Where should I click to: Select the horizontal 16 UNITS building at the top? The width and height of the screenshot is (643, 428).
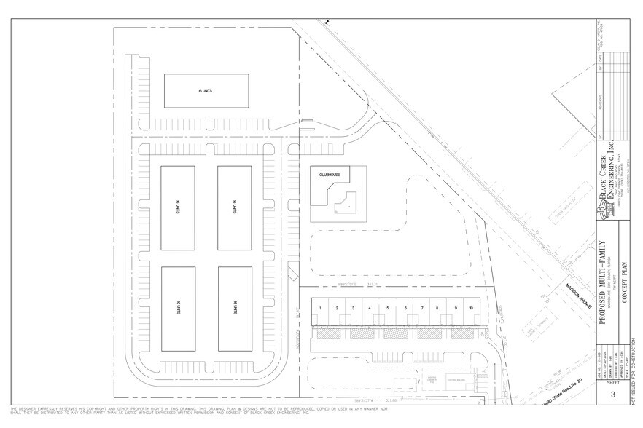(x=205, y=92)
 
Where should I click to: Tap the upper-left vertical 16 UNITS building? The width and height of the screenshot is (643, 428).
(x=177, y=207)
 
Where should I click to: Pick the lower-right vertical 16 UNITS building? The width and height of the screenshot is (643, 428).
(x=235, y=308)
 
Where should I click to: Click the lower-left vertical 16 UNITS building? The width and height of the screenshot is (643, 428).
(x=177, y=308)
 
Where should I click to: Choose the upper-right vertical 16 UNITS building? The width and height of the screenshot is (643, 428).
(x=235, y=207)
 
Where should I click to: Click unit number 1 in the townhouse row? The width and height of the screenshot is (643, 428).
(x=321, y=309)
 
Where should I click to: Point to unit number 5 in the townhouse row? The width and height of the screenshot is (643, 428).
(x=387, y=309)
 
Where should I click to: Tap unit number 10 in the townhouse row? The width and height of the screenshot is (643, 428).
(x=471, y=309)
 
